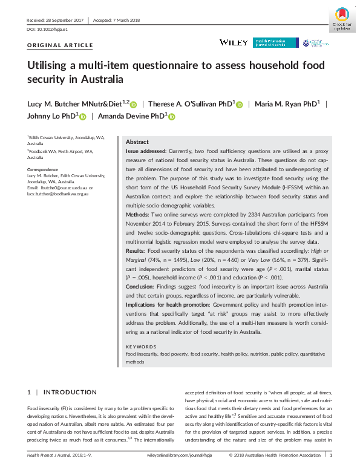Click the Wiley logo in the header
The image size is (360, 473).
click(x=233, y=42)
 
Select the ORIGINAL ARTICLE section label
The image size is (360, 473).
click(x=61, y=45)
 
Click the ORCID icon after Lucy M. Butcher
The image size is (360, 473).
click(x=133, y=104)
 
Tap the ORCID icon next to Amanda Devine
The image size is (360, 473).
click(x=171, y=116)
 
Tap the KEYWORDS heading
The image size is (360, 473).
click(x=142, y=347)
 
